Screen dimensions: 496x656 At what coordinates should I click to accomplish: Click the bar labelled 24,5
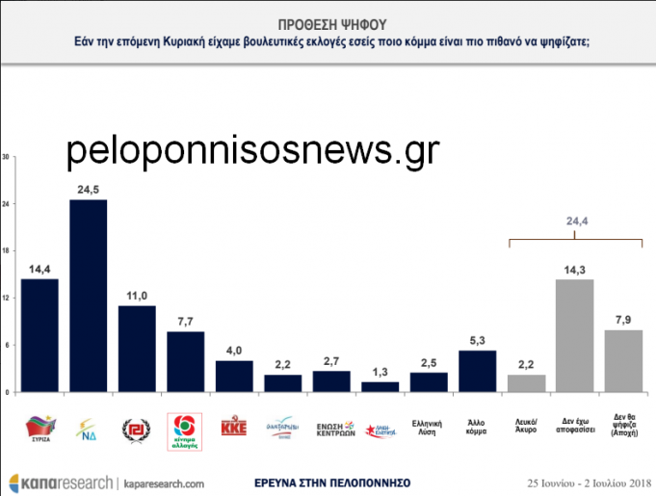(x=88, y=296)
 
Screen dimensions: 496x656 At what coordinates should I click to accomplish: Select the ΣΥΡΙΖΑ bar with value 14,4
(x=39, y=335)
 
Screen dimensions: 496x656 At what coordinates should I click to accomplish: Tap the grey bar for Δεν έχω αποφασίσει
(x=574, y=335)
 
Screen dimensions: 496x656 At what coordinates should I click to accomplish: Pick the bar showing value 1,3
(x=380, y=387)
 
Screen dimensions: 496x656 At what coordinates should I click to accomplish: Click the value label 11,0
(x=138, y=296)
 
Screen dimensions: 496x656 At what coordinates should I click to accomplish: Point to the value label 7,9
(x=623, y=320)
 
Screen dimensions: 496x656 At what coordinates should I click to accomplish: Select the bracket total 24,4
(x=574, y=222)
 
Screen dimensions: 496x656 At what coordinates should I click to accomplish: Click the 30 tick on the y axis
(x=7, y=157)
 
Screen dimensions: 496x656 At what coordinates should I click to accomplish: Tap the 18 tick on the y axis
(x=7, y=251)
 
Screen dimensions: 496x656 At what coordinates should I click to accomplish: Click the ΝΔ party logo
(x=88, y=426)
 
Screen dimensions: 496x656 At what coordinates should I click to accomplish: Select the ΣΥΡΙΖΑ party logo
(x=39, y=426)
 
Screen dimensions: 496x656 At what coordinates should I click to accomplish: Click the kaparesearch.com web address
(x=164, y=482)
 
